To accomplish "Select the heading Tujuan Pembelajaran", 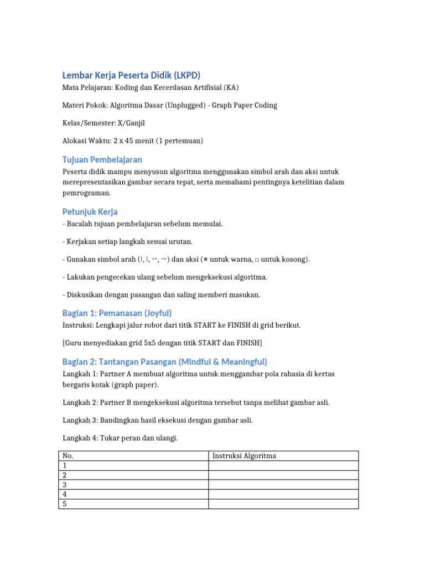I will (x=102, y=159).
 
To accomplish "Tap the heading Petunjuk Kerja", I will (x=90, y=212).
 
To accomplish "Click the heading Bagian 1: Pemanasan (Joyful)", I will (x=117, y=313).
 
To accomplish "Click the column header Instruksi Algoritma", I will (x=244, y=456).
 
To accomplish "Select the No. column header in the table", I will (x=68, y=456).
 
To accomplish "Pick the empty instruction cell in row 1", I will (x=283, y=466).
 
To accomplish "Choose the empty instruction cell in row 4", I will (x=283, y=494).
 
